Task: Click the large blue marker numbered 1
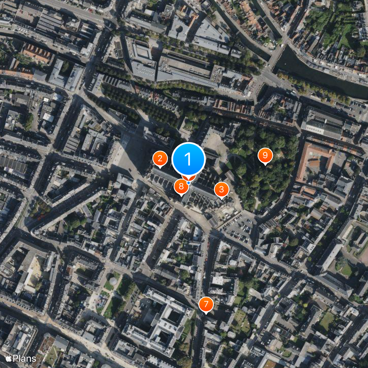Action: point(189,159)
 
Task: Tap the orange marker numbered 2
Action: point(160,159)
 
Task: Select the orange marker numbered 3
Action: point(221,189)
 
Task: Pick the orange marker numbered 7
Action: point(206,304)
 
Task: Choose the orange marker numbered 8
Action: point(181,186)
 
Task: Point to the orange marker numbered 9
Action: point(264,155)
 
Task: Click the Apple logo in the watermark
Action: point(8,358)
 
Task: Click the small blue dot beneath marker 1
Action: point(189,183)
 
